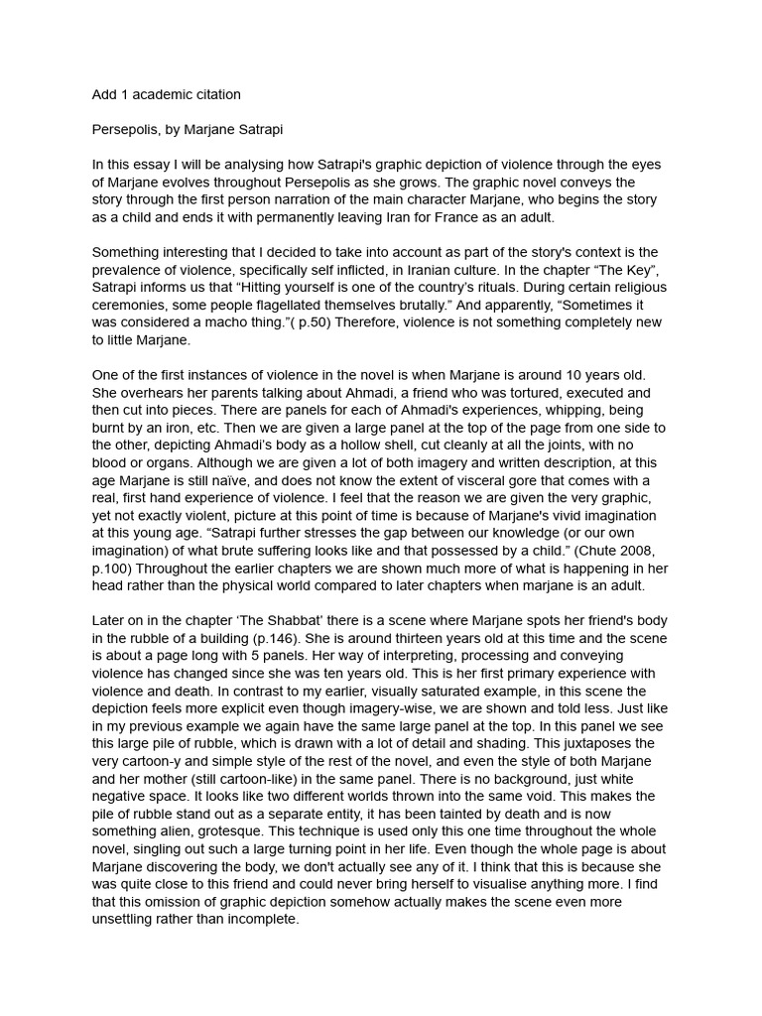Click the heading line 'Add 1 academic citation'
(x=166, y=95)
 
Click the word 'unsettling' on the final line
(x=128, y=919)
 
